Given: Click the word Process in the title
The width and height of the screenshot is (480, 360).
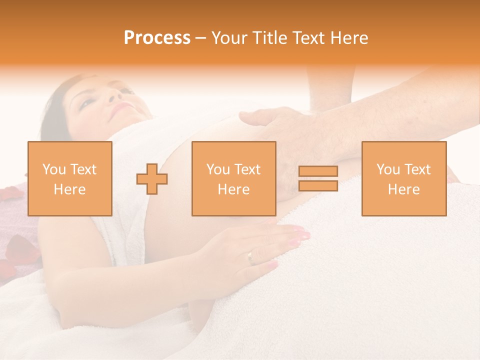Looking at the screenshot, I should pos(157,38).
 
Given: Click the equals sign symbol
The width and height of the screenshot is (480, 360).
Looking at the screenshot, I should pos(318,178).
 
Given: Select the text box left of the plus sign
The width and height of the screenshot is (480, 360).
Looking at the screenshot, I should pos(69,178).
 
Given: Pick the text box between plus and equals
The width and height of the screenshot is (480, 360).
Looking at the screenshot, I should pos(233,178).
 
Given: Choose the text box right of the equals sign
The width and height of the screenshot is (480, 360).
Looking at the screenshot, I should pos(403,178).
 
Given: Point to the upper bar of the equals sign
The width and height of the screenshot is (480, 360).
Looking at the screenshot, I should pos(318,171).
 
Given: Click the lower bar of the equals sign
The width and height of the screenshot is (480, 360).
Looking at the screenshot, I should pos(318,186).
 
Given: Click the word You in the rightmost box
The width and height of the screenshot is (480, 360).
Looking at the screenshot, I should pos(387,169).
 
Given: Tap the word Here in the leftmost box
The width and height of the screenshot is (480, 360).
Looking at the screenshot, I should pos(69,189).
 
